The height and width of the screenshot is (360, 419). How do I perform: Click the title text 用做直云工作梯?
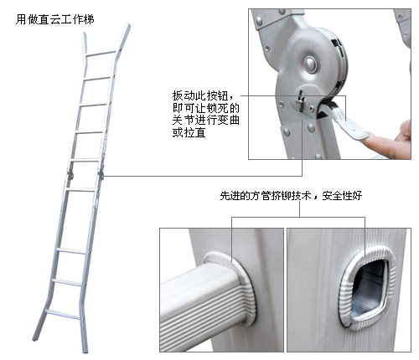pos(55,19)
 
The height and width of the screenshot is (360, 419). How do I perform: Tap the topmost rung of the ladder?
pos(101,54)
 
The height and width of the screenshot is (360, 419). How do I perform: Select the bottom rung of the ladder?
pos(63,314)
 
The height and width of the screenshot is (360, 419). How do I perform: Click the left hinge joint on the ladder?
pos(70,174)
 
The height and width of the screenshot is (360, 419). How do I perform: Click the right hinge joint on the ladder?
pos(101,174)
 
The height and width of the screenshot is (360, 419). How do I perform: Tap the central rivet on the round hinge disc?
pos(310,64)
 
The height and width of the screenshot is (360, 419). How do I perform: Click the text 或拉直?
pos(189,132)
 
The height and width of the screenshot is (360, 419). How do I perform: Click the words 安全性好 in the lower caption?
pos(342,196)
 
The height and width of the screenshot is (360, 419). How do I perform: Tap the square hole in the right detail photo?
pos(368,289)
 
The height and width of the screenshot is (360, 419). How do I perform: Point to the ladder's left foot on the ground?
pos(35,337)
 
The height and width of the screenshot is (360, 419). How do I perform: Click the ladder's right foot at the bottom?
pos(85,349)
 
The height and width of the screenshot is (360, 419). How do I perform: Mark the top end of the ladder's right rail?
pos(128,26)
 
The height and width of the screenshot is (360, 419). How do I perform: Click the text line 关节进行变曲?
pos(206,120)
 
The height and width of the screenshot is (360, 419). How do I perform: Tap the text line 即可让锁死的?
pos(206,108)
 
